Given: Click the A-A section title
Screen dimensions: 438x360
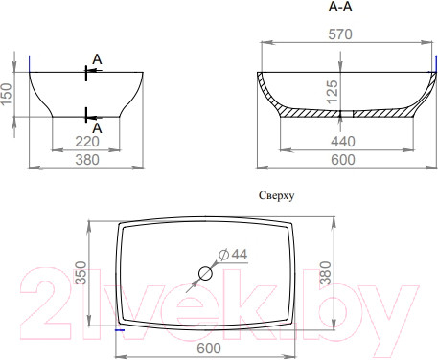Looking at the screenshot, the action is coord(340,7).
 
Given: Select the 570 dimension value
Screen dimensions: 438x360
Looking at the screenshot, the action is coord(340,34).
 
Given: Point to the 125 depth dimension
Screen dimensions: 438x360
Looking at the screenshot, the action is coord(333,92).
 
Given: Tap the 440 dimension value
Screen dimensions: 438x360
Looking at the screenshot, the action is coord(343,142).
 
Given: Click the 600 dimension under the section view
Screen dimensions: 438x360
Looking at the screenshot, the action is coord(343,160).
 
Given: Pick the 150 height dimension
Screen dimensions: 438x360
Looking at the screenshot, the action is coord(6,94).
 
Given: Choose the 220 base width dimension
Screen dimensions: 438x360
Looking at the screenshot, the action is coord(87,142).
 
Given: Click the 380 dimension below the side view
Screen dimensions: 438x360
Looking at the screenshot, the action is coord(87,160).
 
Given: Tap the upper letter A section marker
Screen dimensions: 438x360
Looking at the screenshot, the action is coord(97,59).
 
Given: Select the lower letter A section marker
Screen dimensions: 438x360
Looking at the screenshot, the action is coord(97,128).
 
